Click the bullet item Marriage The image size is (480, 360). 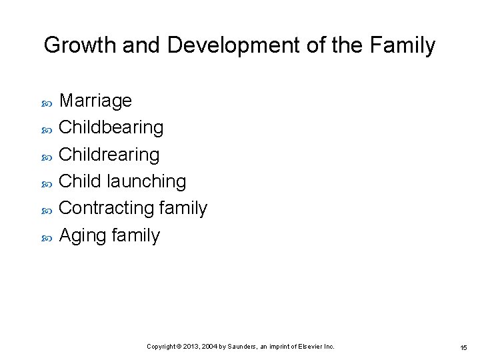coord(95,101)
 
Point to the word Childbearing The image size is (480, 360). coord(111,127)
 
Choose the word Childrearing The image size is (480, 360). coord(109,155)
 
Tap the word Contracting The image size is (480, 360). coord(107,208)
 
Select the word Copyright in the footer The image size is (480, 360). coord(161,347)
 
